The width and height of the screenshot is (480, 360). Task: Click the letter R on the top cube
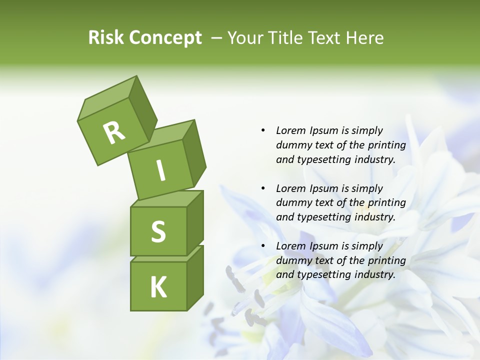[x=114, y=132]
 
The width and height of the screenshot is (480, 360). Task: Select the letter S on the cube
[x=158, y=231]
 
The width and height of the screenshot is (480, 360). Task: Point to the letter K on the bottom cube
[x=158, y=287]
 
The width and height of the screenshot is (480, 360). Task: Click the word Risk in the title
[x=105, y=38]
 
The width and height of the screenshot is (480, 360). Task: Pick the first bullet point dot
[x=263, y=130]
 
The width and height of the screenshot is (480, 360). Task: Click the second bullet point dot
[x=263, y=188]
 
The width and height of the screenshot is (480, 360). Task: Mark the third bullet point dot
[x=263, y=246]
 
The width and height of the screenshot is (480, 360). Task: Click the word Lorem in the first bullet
[x=290, y=130]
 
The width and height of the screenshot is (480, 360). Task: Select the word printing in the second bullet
[x=386, y=203]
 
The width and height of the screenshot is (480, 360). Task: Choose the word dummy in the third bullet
[x=291, y=260]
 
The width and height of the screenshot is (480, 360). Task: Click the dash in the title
[x=217, y=38]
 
